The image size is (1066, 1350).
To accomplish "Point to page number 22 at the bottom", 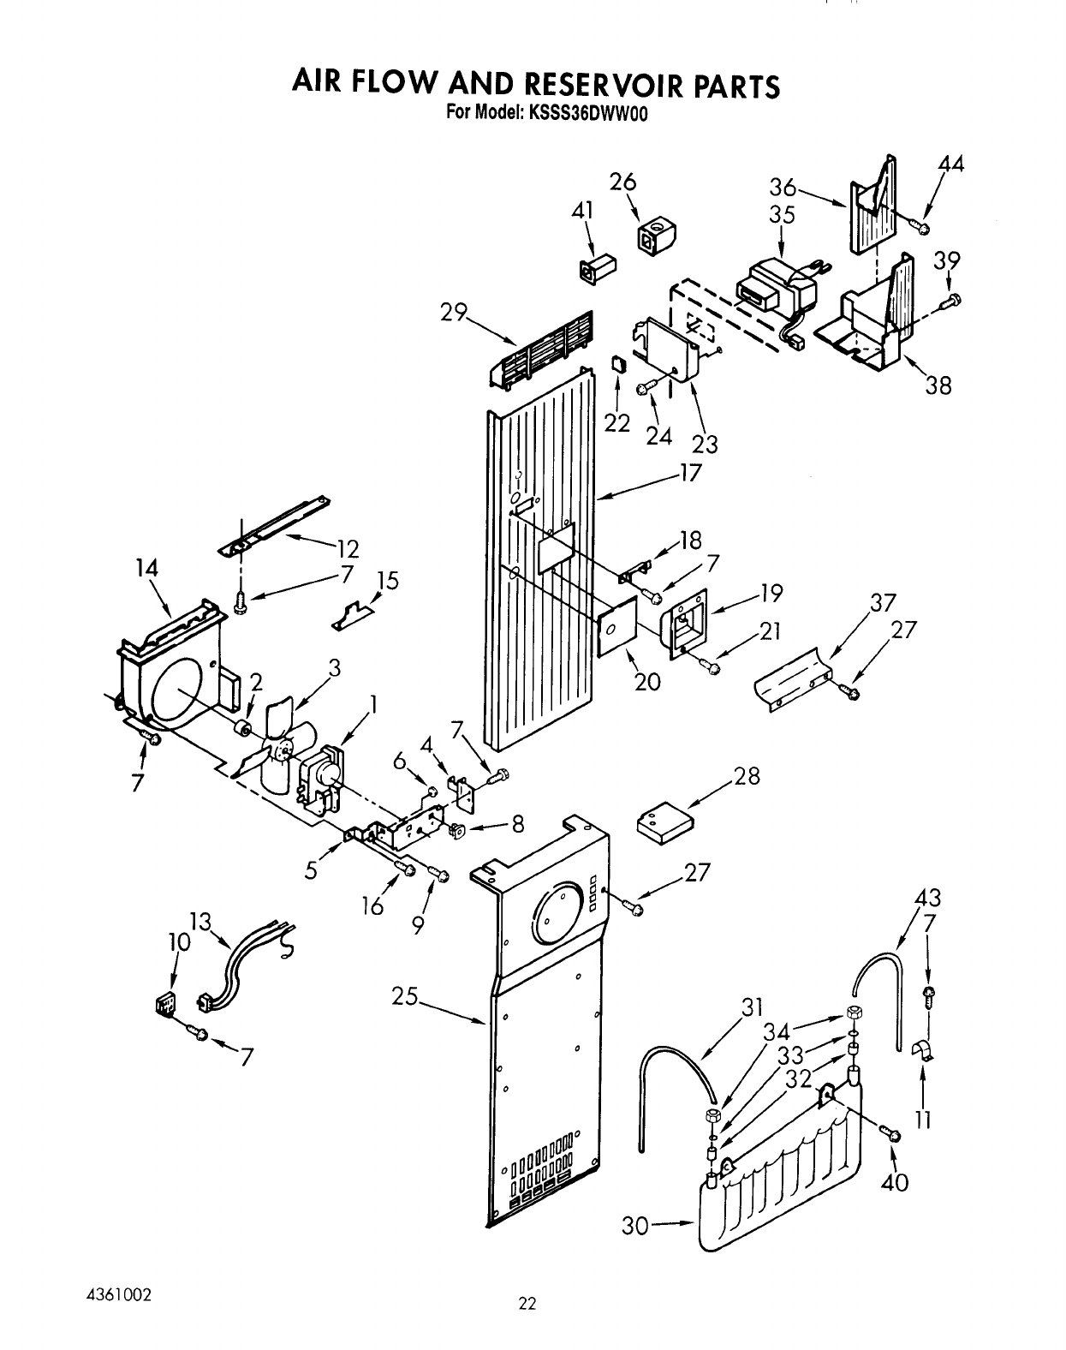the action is [527, 1305].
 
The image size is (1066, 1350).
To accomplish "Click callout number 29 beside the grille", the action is [453, 313].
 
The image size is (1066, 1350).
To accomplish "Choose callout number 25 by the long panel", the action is [404, 996].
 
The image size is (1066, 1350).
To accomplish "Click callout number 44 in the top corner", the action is [951, 164].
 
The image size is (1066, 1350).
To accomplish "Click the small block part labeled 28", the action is [665, 823].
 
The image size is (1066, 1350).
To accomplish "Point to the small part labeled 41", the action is [597, 268].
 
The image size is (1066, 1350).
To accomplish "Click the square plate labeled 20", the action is [617, 626].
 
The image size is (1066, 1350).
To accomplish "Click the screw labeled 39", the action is [951, 302].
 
